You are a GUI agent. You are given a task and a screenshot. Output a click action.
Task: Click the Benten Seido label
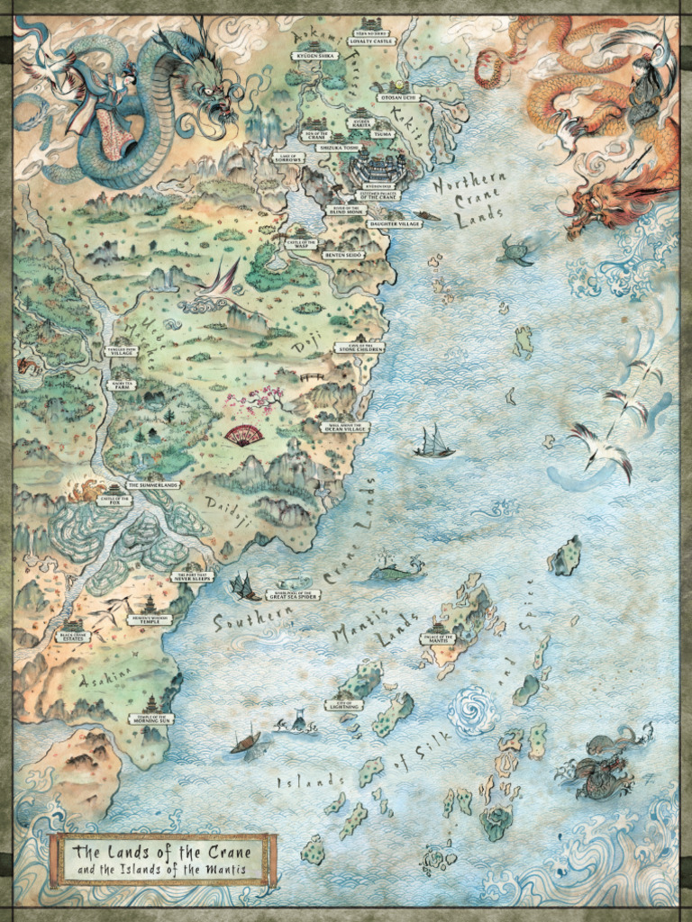point(342,256)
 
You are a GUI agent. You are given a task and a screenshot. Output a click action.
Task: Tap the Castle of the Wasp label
point(301,242)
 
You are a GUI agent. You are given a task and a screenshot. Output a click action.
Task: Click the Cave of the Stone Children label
point(360,348)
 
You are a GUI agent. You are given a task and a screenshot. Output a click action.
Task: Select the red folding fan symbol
point(244,437)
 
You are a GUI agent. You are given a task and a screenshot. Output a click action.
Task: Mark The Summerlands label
point(152,484)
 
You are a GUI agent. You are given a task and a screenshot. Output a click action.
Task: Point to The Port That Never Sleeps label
point(193,576)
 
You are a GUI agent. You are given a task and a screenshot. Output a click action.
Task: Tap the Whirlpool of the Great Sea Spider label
point(294,594)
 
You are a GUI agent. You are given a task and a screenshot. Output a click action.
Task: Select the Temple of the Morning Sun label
point(150,718)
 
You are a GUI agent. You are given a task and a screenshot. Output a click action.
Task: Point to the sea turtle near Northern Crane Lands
point(515,251)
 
